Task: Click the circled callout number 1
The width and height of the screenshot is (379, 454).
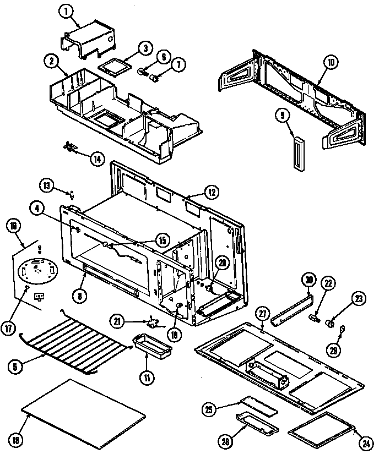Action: tap(67, 10)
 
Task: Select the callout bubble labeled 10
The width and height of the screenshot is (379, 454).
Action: tap(330, 63)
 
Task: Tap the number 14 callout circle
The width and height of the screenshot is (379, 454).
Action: tap(97, 159)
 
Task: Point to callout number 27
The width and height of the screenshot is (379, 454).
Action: tap(262, 314)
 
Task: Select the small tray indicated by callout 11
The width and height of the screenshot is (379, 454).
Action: tap(145, 347)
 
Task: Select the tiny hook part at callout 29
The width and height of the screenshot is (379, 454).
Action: tap(342, 331)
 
